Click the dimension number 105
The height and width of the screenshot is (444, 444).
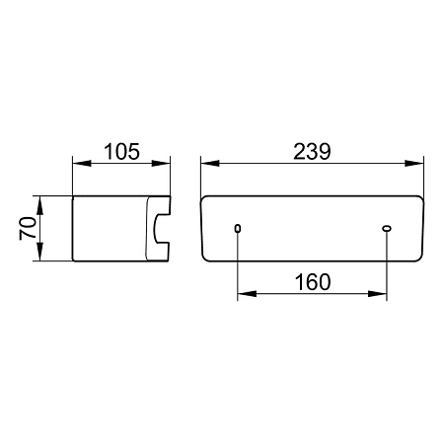tap(121, 152)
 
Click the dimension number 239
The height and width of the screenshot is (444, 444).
tap(312, 152)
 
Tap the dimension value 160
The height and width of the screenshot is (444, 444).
tap(313, 282)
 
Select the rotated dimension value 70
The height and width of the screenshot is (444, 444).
tap(28, 229)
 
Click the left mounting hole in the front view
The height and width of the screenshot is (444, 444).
tap(238, 228)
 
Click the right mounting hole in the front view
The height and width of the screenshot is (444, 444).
tap(387, 228)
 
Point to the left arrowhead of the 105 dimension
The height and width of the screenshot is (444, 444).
tap(82, 163)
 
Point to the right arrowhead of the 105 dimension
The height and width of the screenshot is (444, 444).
tap(161, 163)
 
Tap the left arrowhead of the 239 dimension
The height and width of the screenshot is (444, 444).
tap(210, 163)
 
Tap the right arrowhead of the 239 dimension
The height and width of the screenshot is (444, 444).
tap(414, 163)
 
